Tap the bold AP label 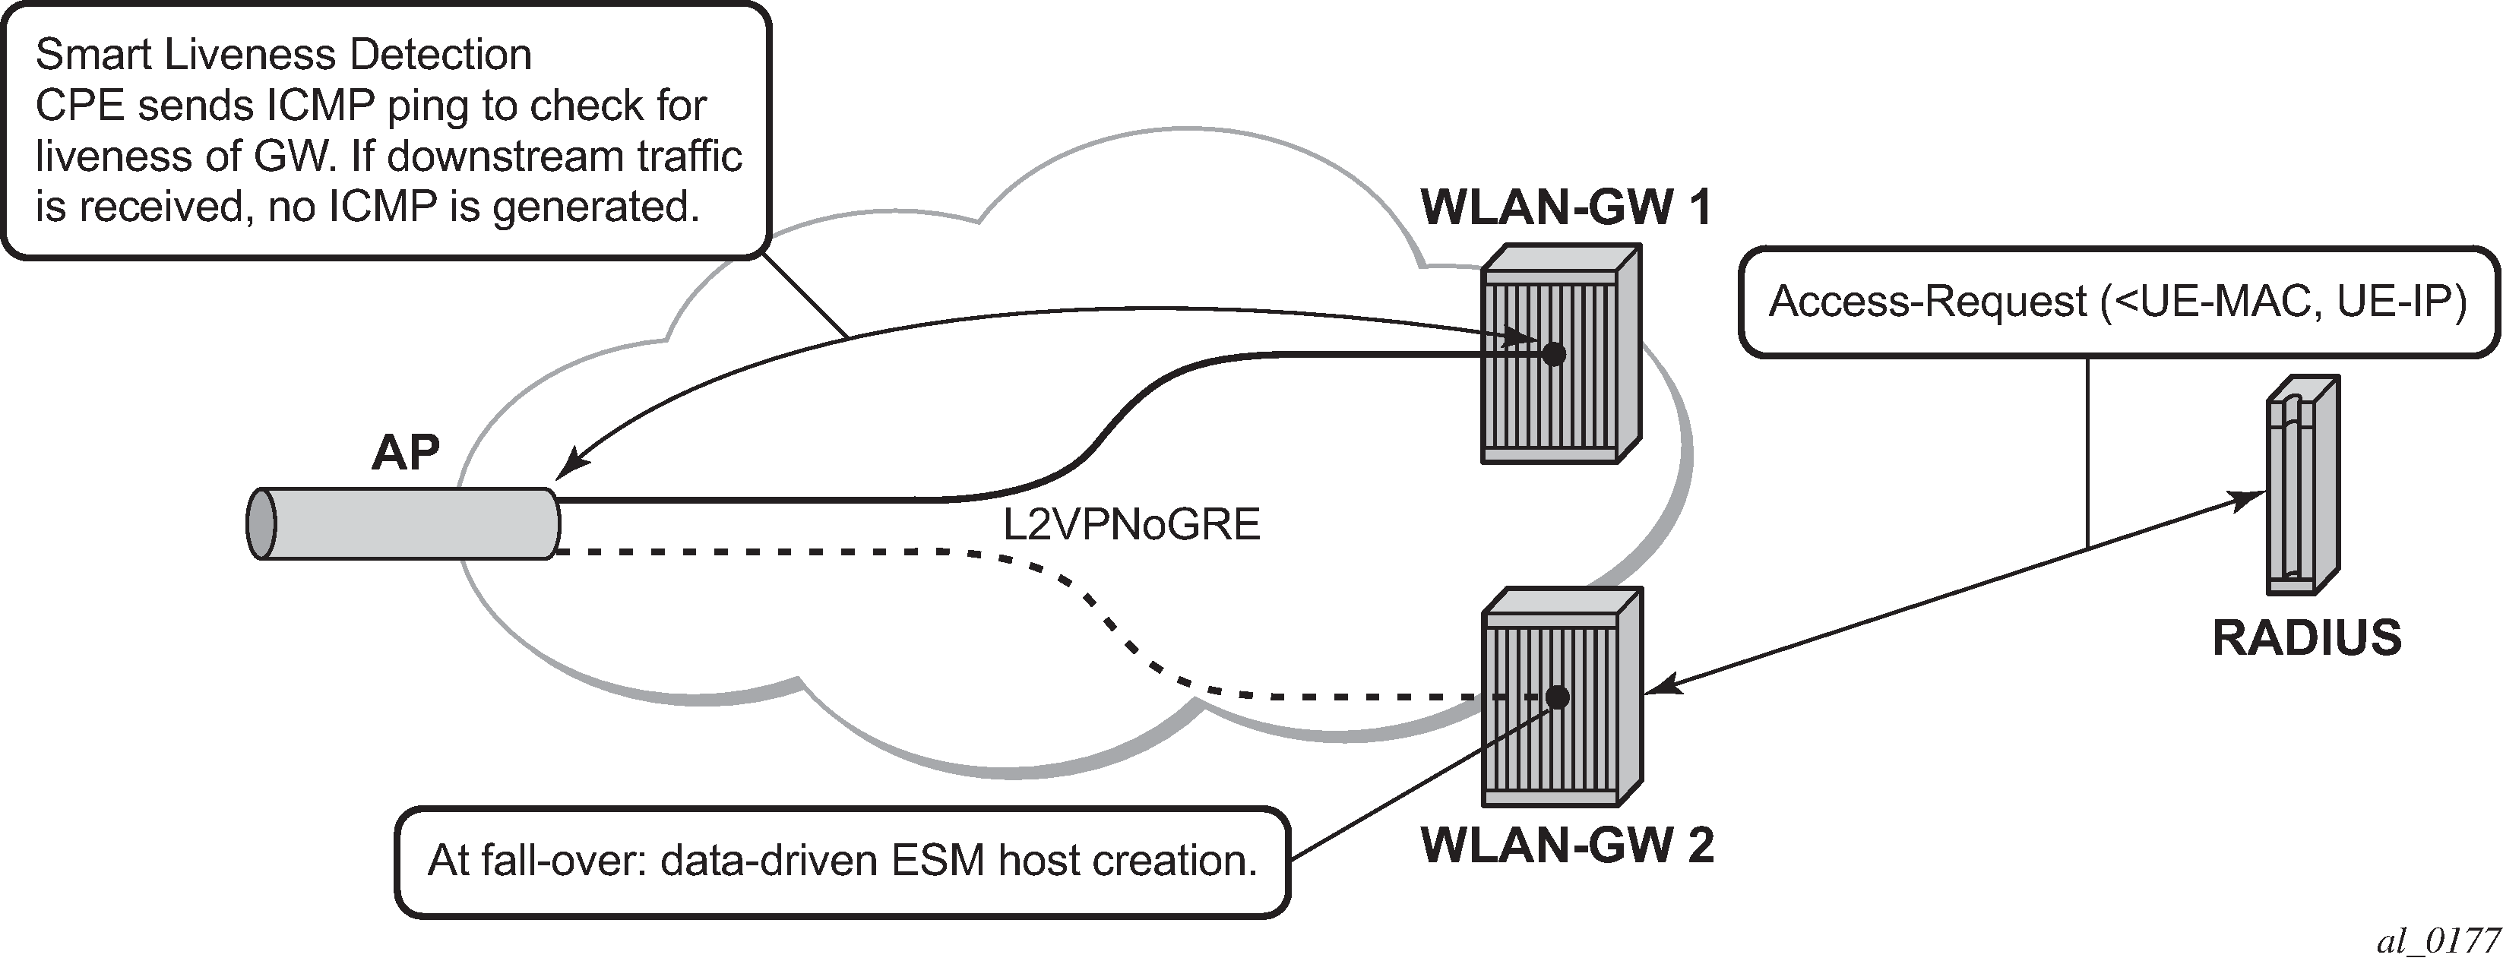405,453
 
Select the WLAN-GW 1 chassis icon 1562,352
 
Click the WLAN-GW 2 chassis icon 1562,696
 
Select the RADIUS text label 2307,638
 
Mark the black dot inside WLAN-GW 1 1554,354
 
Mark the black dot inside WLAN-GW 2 1558,697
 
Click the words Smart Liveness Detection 283,55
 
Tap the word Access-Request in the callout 1929,302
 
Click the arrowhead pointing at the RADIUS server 2248,498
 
